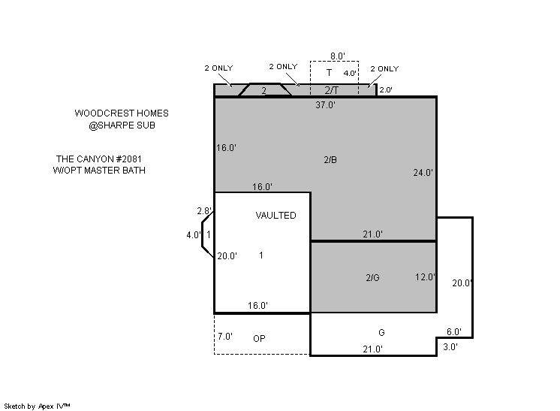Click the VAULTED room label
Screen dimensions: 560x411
275,216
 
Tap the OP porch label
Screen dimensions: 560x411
259,338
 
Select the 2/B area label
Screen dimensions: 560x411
330,160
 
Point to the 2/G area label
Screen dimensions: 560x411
372,278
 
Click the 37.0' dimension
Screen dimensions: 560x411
325,104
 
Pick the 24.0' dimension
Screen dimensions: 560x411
423,173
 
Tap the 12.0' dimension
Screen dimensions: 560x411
425,277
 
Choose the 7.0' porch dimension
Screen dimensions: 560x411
225,337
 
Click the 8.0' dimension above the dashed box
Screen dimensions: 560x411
338,56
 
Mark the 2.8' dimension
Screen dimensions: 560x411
204,211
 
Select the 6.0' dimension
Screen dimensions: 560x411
454,331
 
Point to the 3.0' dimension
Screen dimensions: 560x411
450,346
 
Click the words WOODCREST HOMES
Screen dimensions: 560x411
122,113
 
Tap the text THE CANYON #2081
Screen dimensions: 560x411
99,159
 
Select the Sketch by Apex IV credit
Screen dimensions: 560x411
37,406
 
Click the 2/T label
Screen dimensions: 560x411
332,90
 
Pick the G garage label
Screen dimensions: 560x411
381,333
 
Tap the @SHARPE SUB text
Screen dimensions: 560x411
122,125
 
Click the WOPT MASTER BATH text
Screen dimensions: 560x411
99,170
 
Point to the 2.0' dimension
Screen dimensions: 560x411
386,89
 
